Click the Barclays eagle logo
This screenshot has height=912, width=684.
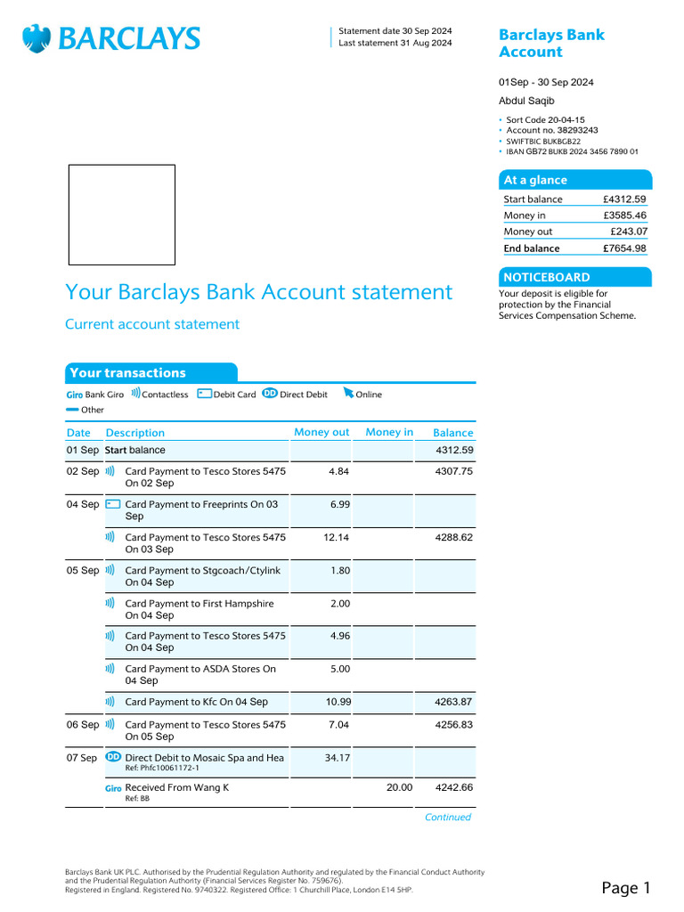click(x=37, y=38)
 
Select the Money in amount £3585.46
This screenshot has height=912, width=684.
click(x=624, y=216)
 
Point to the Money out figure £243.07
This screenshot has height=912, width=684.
click(x=628, y=232)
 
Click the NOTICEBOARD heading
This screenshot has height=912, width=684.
click(x=545, y=277)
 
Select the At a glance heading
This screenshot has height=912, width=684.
click(x=535, y=180)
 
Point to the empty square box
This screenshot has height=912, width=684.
click(x=122, y=215)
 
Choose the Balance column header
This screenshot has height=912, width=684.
click(x=452, y=433)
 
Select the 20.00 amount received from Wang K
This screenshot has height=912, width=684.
click(x=399, y=787)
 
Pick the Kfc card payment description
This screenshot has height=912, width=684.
click(x=196, y=702)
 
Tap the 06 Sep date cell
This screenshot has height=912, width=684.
click(x=83, y=725)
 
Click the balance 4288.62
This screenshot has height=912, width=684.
click(x=453, y=538)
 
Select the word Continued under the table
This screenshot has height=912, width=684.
click(x=447, y=817)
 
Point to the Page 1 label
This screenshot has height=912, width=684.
click(x=626, y=887)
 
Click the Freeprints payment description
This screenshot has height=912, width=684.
click(x=201, y=510)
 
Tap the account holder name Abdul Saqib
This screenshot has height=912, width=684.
click(x=526, y=101)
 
